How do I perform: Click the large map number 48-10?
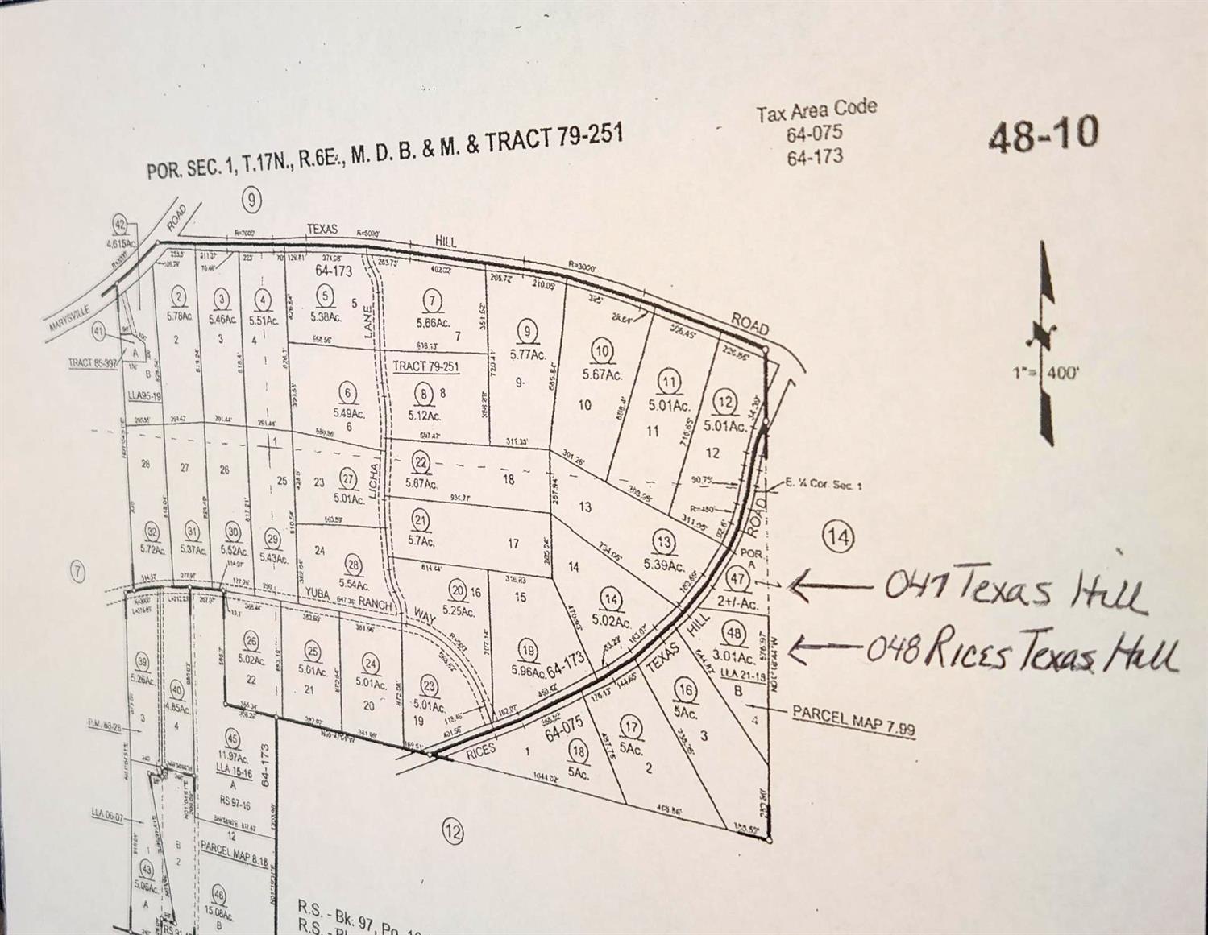coord(1044,134)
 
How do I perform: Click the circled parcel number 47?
coord(737,578)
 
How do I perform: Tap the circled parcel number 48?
coord(733,633)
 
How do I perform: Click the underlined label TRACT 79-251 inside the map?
coord(425,366)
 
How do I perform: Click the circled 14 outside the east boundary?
coord(838,536)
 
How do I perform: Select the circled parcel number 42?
coord(121,225)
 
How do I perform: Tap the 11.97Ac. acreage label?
coord(232,757)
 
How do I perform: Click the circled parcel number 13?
coord(663,541)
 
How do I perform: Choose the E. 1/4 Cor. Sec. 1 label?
coord(823,485)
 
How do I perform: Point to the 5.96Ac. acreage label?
coord(528,671)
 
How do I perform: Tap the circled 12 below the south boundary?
coord(453,831)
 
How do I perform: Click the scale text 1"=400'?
coord(1046,373)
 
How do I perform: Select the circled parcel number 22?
coord(421,462)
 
